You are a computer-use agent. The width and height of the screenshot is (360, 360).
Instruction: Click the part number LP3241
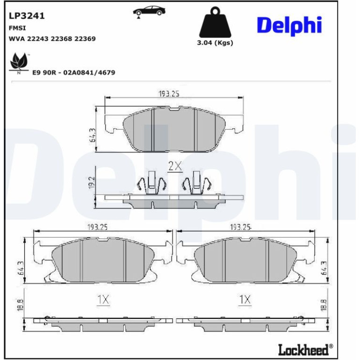click(x=27, y=16)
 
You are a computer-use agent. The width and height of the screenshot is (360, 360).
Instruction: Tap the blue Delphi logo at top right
click(x=289, y=26)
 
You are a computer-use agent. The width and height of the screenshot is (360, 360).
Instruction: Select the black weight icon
click(x=216, y=22)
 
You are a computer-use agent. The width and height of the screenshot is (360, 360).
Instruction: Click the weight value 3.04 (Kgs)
click(x=215, y=43)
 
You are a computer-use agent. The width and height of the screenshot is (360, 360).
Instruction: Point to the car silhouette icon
click(x=149, y=11)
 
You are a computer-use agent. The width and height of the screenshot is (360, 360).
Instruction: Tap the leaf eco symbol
click(x=19, y=63)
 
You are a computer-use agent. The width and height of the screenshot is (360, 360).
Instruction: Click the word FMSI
click(x=17, y=28)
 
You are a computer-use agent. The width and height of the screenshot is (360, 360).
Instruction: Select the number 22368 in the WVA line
click(x=61, y=38)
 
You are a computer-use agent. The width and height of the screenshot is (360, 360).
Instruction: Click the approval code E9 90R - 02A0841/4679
click(x=74, y=72)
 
